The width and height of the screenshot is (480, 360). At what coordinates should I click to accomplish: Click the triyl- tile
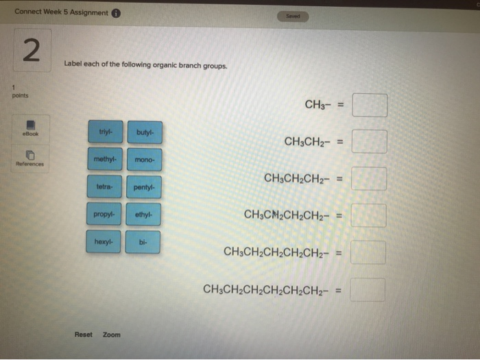[105, 132]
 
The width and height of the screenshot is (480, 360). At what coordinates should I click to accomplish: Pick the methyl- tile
[105, 159]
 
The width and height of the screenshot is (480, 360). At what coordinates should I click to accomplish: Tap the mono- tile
[145, 160]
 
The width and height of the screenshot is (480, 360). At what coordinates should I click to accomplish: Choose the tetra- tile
[105, 187]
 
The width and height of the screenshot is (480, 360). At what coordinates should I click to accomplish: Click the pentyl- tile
[145, 187]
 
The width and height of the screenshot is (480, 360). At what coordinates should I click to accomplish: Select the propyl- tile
[105, 214]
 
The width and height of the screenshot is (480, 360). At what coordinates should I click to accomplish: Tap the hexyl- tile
[105, 241]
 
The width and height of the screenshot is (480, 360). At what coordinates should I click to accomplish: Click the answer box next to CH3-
[370, 105]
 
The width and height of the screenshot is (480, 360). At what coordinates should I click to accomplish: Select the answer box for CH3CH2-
[370, 142]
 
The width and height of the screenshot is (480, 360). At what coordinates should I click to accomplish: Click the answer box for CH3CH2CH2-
[370, 178]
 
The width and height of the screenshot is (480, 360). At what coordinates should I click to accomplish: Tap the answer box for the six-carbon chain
[368, 289]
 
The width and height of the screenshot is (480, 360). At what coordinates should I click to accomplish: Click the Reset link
[83, 335]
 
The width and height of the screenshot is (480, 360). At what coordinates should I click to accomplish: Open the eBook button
[31, 128]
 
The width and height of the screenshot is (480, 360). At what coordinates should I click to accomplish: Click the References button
[31, 159]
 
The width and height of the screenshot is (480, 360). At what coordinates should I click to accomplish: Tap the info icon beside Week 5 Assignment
[116, 12]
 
